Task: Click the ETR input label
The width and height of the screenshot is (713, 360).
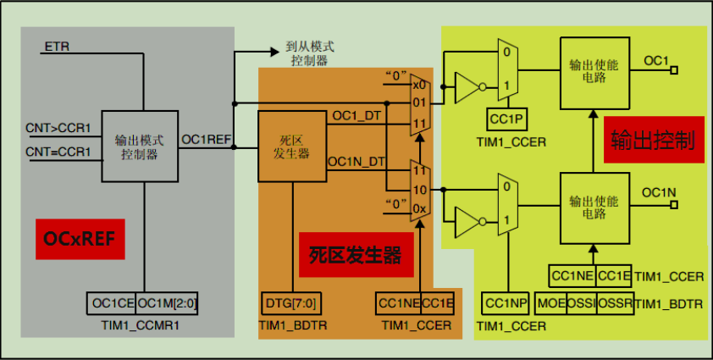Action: [53, 45]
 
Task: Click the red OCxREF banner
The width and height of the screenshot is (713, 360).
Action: [80, 240]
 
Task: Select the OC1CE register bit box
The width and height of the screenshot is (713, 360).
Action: [112, 303]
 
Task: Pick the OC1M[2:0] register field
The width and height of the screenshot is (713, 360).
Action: [168, 303]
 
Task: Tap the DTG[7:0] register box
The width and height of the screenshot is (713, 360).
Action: [279, 302]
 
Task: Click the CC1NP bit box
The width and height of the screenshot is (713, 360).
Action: [506, 302]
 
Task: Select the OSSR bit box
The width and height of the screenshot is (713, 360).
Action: [615, 302]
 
